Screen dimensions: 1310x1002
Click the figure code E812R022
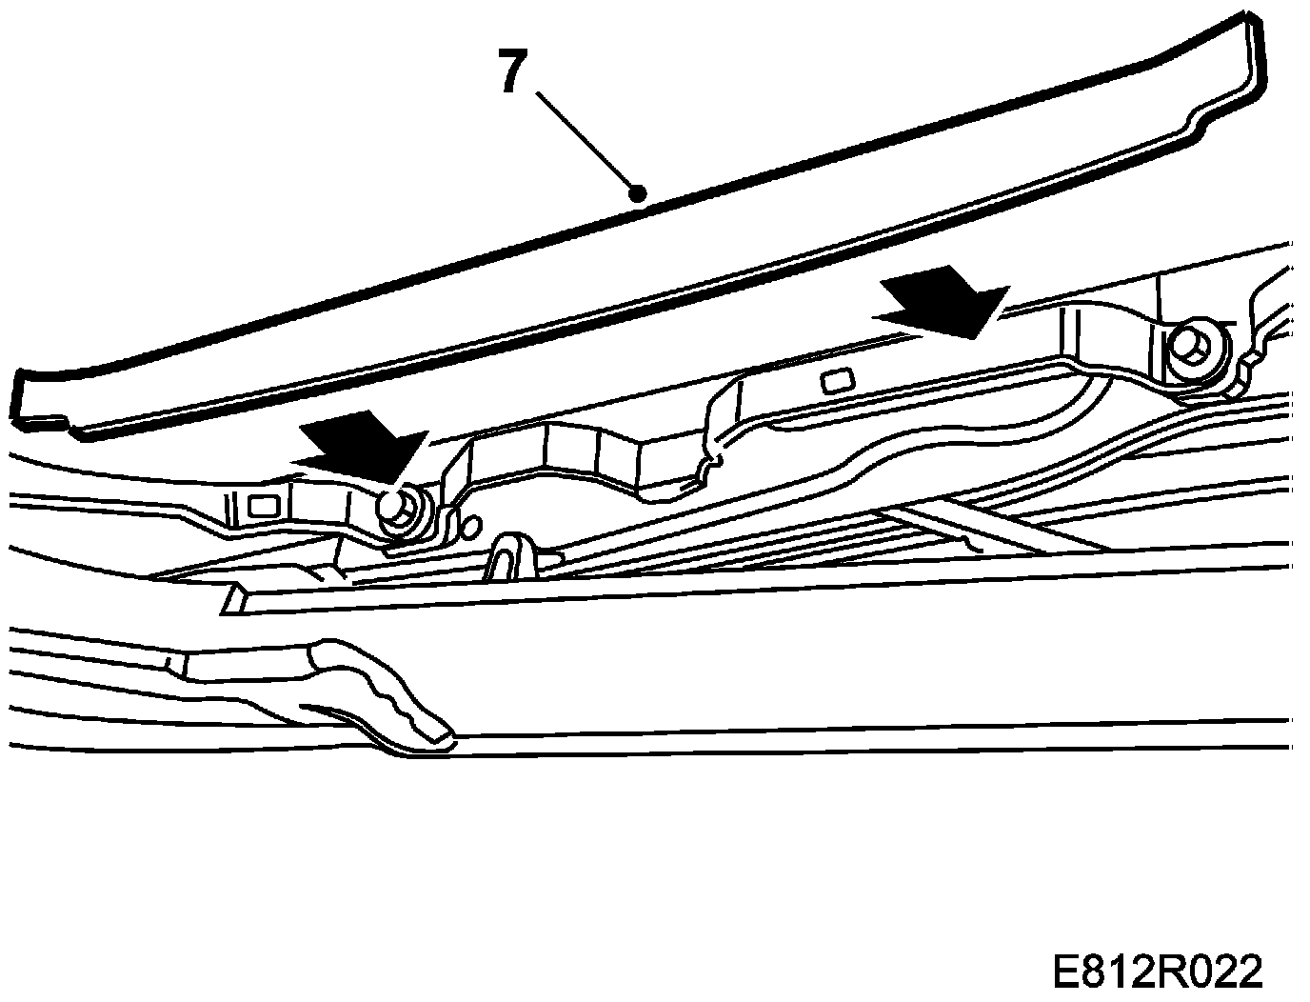tap(1156, 972)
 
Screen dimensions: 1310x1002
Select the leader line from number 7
tap(586, 141)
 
